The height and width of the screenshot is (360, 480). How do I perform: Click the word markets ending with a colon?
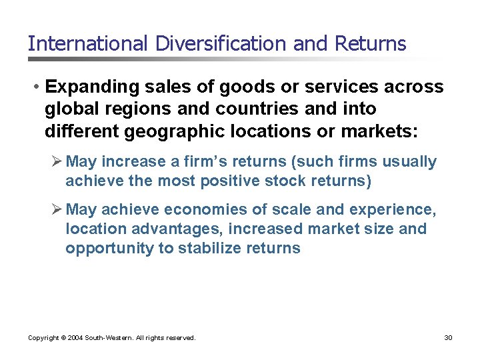click(379, 130)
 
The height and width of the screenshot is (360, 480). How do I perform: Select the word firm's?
click(203, 162)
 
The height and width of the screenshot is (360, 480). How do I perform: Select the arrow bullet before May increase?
click(57, 162)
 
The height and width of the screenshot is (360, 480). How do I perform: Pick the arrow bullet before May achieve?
click(57, 210)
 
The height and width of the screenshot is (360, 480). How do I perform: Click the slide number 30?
click(448, 338)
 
